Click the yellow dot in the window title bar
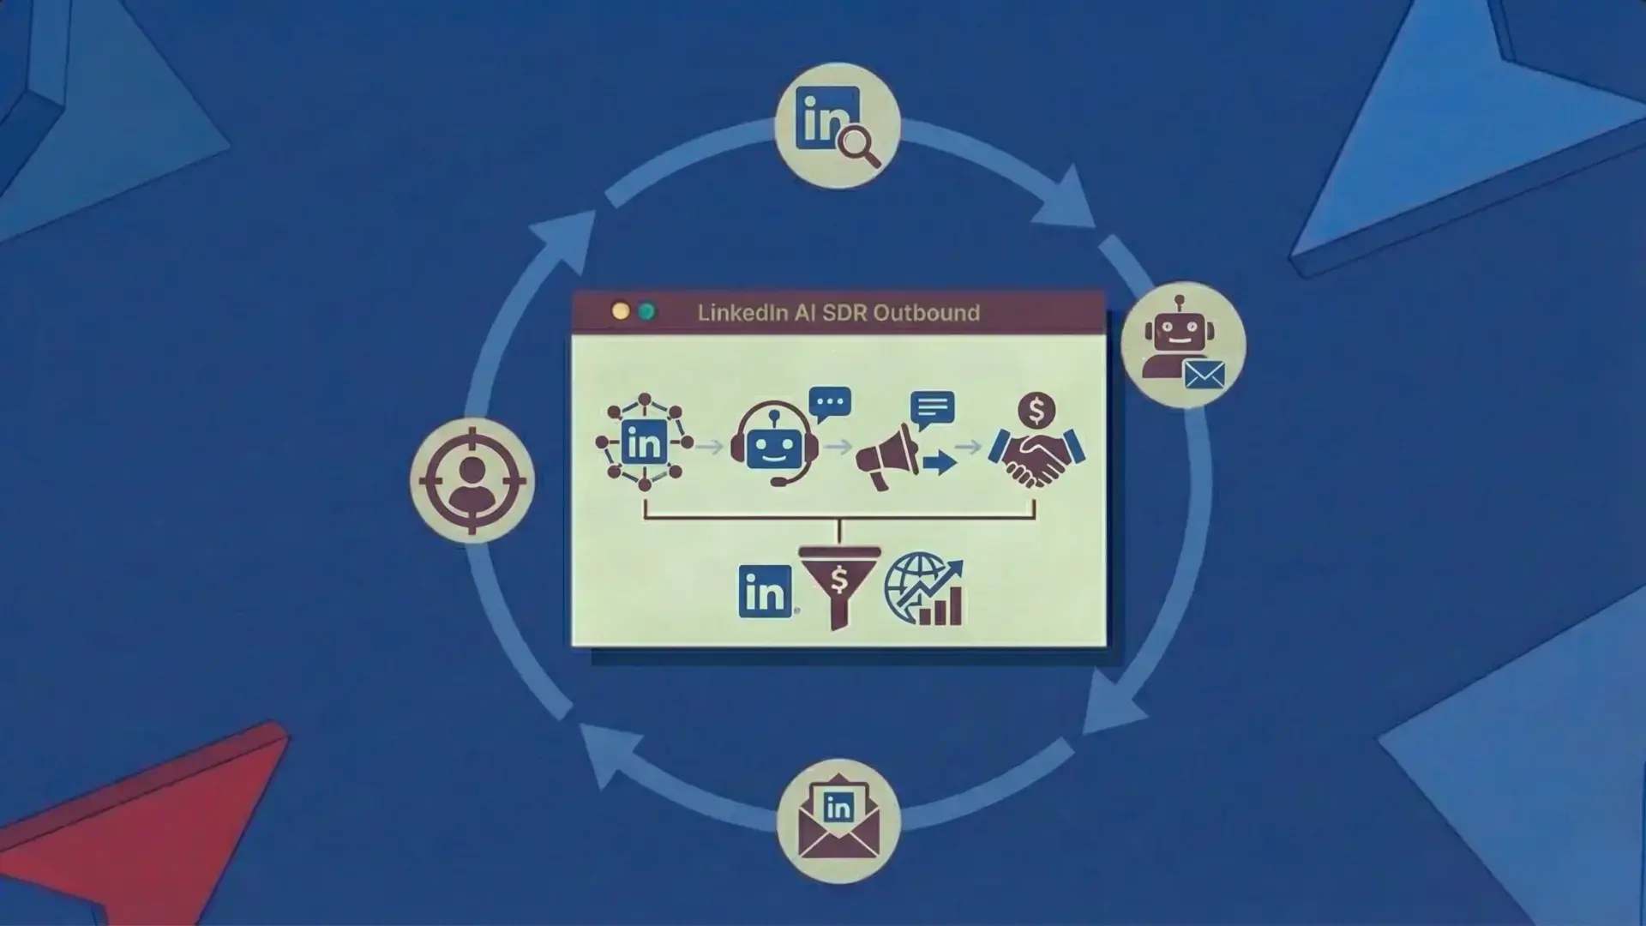[621, 311]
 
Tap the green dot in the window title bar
[647, 311]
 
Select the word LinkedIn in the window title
[742, 313]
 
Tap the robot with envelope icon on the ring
[1182, 344]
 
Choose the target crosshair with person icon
[472, 480]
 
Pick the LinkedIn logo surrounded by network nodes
[645, 442]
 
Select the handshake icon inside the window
[1037, 459]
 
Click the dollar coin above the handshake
[1036, 411]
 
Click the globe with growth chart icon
[923, 588]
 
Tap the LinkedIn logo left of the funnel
[765, 591]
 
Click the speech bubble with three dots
[830, 403]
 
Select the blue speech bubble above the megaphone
[933, 409]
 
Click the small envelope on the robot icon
[1204, 375]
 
